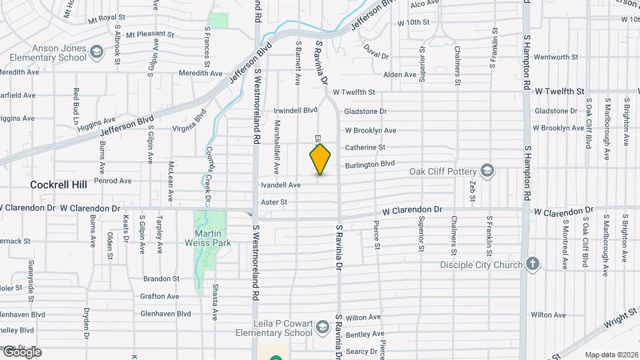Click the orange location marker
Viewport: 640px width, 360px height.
pyautogui.click(x=321, y=159)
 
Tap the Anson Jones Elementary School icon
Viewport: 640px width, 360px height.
pyautogui.click(x=97, y=51)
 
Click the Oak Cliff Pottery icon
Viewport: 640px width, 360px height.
pyautogui.click(x=488, y=169)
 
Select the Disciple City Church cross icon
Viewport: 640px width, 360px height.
pyautogui.click(x=532, y=263)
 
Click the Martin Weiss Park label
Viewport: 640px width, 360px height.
pyautogui.click(x=213, y=238)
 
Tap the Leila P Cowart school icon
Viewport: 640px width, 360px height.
pyautogui.click(x=323, y=327)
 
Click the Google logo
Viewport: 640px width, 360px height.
pyautogui.click(x=21, y=352)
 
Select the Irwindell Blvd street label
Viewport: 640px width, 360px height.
pyautogui.click(x=297, y=110)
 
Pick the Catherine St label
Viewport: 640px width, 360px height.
pyautogui.click(x=365, y=147)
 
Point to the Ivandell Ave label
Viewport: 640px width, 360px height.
pyautogui.click(x=281, y=185)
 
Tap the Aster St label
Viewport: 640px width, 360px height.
pyautogui.click(x=274, y=201)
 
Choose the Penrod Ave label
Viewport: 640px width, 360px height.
pyautogui.click(x=113, y=181)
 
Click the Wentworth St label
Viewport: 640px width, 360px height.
pyautogui.click(x=556, y=57)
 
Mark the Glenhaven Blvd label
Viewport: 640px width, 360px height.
pyautogui.click(x=165, y=313)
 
